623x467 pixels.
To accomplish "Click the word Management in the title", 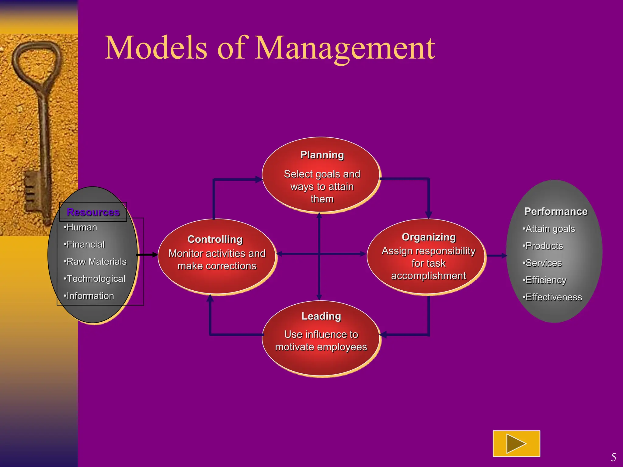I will [x=344, y=48].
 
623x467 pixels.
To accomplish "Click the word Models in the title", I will [x=156, y=48].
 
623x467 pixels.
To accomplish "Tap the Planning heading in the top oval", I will [x=322, y=155].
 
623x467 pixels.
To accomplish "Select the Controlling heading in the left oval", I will [x=215, y=239].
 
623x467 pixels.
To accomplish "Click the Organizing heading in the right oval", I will [x=429, y=237].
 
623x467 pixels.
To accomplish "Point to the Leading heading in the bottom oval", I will [x=321, y=316].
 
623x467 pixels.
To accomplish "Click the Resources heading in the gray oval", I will [x=93, y=212].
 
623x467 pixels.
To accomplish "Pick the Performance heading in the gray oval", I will [x=556, y=211].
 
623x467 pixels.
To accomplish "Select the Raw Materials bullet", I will [x=95, y=261].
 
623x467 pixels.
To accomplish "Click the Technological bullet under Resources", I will [x=95, y=278].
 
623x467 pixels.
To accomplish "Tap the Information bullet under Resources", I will [x=89, y=296].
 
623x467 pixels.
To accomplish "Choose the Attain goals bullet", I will [x=549, y=229].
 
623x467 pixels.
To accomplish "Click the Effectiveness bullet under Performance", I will [x=552, y=297].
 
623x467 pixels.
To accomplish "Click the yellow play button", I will [x=516, y=444].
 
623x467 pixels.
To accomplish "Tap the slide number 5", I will [x=613, y=457].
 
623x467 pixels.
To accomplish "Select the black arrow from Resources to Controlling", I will [x=147, y=255].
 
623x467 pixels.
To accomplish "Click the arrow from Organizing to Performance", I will [x=496, y=256].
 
